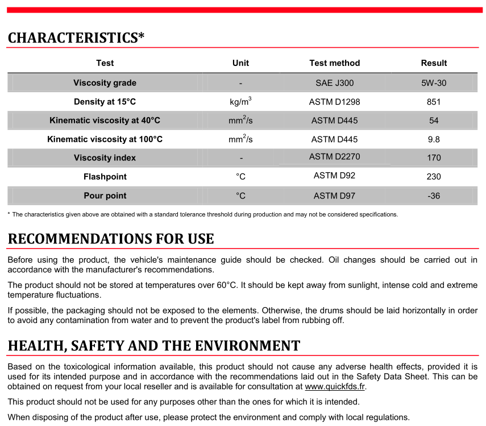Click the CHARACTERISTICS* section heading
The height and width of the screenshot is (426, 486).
coord(76,38)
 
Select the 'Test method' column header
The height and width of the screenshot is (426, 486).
coord(334,63)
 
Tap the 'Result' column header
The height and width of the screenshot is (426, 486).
coord(434,63)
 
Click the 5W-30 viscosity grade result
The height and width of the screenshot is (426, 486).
coord(434,83)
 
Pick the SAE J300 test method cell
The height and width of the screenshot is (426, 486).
coord(334,83)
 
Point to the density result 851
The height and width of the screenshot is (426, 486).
coord(434,102)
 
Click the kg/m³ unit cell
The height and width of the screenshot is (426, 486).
coord(240,102)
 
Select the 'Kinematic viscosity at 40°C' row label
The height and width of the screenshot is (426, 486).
coord(105,121)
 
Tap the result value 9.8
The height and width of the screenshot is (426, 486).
coord(434,139)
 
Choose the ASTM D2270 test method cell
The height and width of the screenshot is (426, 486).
coord(334,157)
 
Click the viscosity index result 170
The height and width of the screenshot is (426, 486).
coord(434,158)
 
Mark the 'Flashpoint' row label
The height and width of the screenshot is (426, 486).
coord(105,177)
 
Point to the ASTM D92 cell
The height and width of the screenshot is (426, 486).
coord(334,176)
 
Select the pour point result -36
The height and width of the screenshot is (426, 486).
coord(434,196)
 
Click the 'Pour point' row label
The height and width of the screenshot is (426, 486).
coord(105,196)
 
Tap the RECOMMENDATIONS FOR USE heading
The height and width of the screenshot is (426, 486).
coord(111,239)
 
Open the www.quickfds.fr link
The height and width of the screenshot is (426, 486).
coord(335,387)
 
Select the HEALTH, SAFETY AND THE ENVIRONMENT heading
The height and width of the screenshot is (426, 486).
coord(153,346)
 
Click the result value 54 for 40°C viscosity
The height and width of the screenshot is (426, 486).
coord(434,121)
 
